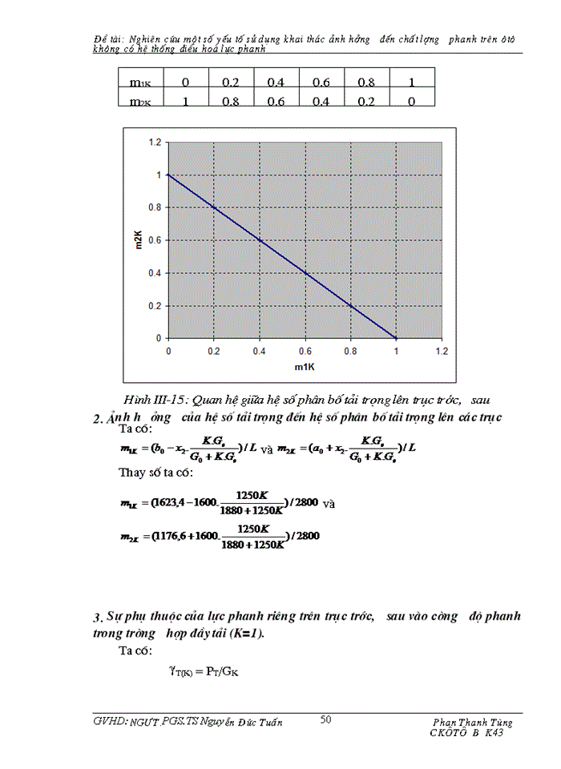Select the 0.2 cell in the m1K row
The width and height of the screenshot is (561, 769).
231,82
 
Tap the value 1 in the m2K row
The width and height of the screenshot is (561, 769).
186,100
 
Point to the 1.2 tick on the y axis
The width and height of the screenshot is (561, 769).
155,142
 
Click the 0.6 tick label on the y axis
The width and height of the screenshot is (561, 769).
155,240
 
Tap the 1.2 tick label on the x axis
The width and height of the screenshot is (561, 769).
440,351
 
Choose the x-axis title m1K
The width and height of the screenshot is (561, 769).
304,367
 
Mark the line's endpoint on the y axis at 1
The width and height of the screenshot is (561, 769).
168,175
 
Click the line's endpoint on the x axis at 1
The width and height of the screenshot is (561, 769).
394,338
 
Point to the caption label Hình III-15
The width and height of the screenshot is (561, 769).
153,400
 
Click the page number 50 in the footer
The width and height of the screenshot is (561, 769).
326,719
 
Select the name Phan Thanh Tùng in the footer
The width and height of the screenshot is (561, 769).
472,722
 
